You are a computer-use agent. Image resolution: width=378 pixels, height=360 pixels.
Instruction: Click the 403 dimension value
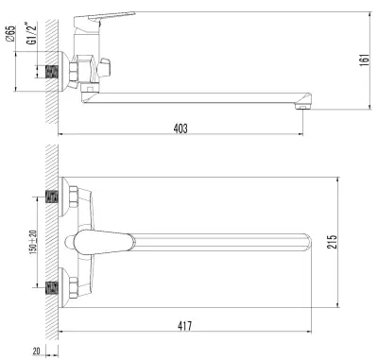[180, 129]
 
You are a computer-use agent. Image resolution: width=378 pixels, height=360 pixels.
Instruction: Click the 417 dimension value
[184, 326]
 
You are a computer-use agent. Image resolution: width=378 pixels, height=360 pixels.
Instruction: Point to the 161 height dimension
[365, 60]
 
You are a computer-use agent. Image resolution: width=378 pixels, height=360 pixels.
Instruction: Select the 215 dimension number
[332, 242]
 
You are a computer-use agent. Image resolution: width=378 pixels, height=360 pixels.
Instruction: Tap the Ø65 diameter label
[11, 33]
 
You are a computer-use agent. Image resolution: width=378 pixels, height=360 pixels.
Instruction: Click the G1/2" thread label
[32, 33]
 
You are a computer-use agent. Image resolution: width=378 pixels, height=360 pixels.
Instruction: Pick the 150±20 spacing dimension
[33, 242]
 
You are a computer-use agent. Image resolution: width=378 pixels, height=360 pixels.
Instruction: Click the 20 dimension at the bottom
[37, 351]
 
